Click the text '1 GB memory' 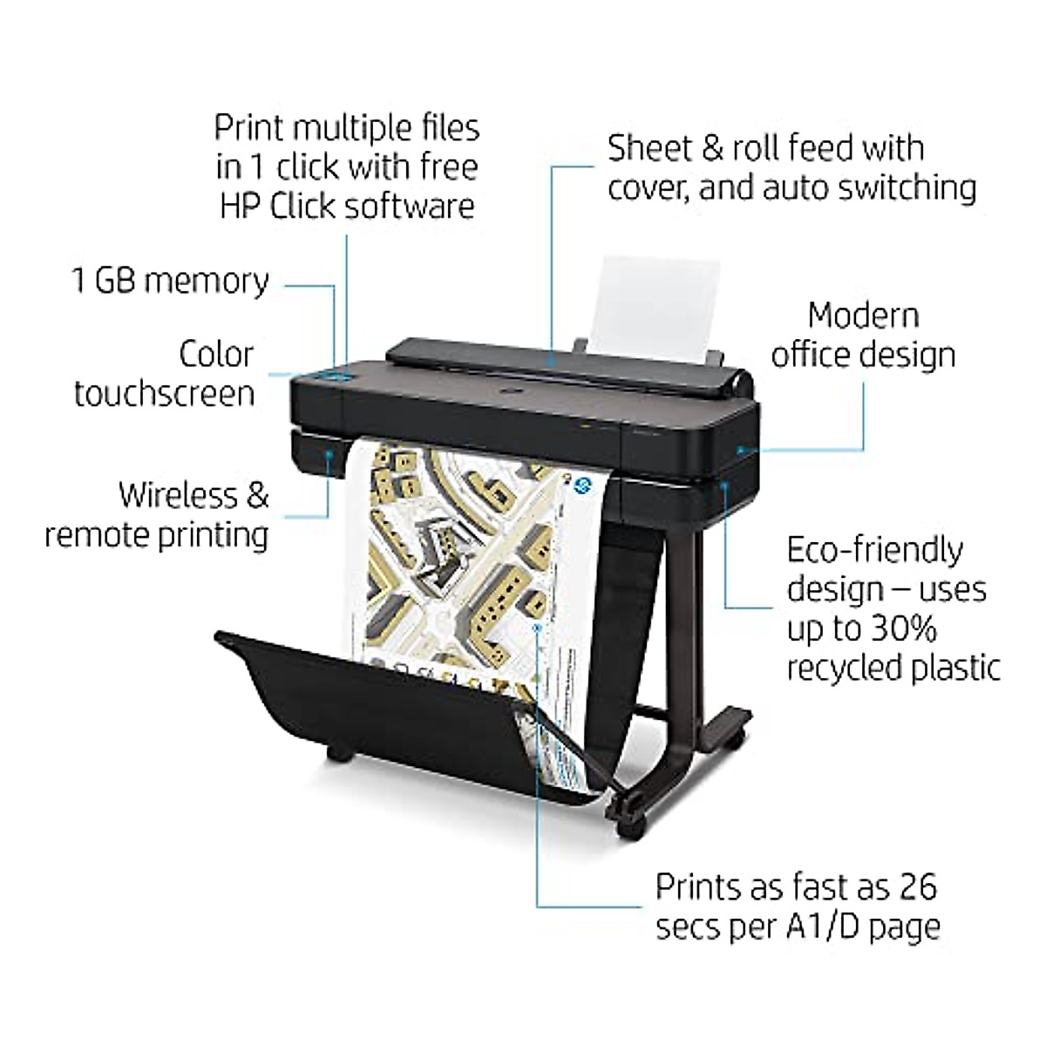pyautogui.click(x=170, y=282)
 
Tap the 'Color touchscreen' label pyautogui.click(x=165, y=373)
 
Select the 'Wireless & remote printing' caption pyautogui.click(x=157, y=514)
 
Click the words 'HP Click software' pyautogui.click(x=347, y=206)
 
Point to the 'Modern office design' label pyautogui.click(x=863, y=335)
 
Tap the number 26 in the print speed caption pyautogui.click(x=912, y=886)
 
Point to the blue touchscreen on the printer pyautogui.click(x=336, y=377)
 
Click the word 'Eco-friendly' pyautogui.click(x=874, y=551)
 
